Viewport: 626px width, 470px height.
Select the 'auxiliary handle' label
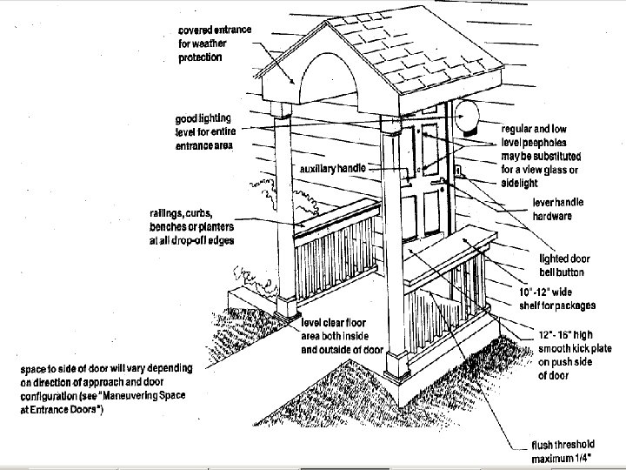[x=336, y=167]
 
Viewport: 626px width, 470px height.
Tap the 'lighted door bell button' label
[x=566, y=264]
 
